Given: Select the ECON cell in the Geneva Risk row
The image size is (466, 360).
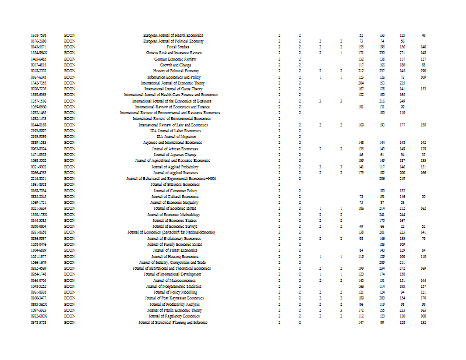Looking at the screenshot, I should pos(69,52).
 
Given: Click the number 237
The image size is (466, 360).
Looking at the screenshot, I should pos(382,70).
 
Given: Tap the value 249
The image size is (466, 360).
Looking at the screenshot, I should pos(402,101).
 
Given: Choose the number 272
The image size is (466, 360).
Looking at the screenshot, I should pos(402,268).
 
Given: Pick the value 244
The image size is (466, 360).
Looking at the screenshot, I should pos(402,214).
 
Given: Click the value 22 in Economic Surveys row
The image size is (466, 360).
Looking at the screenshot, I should pos(402,226).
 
